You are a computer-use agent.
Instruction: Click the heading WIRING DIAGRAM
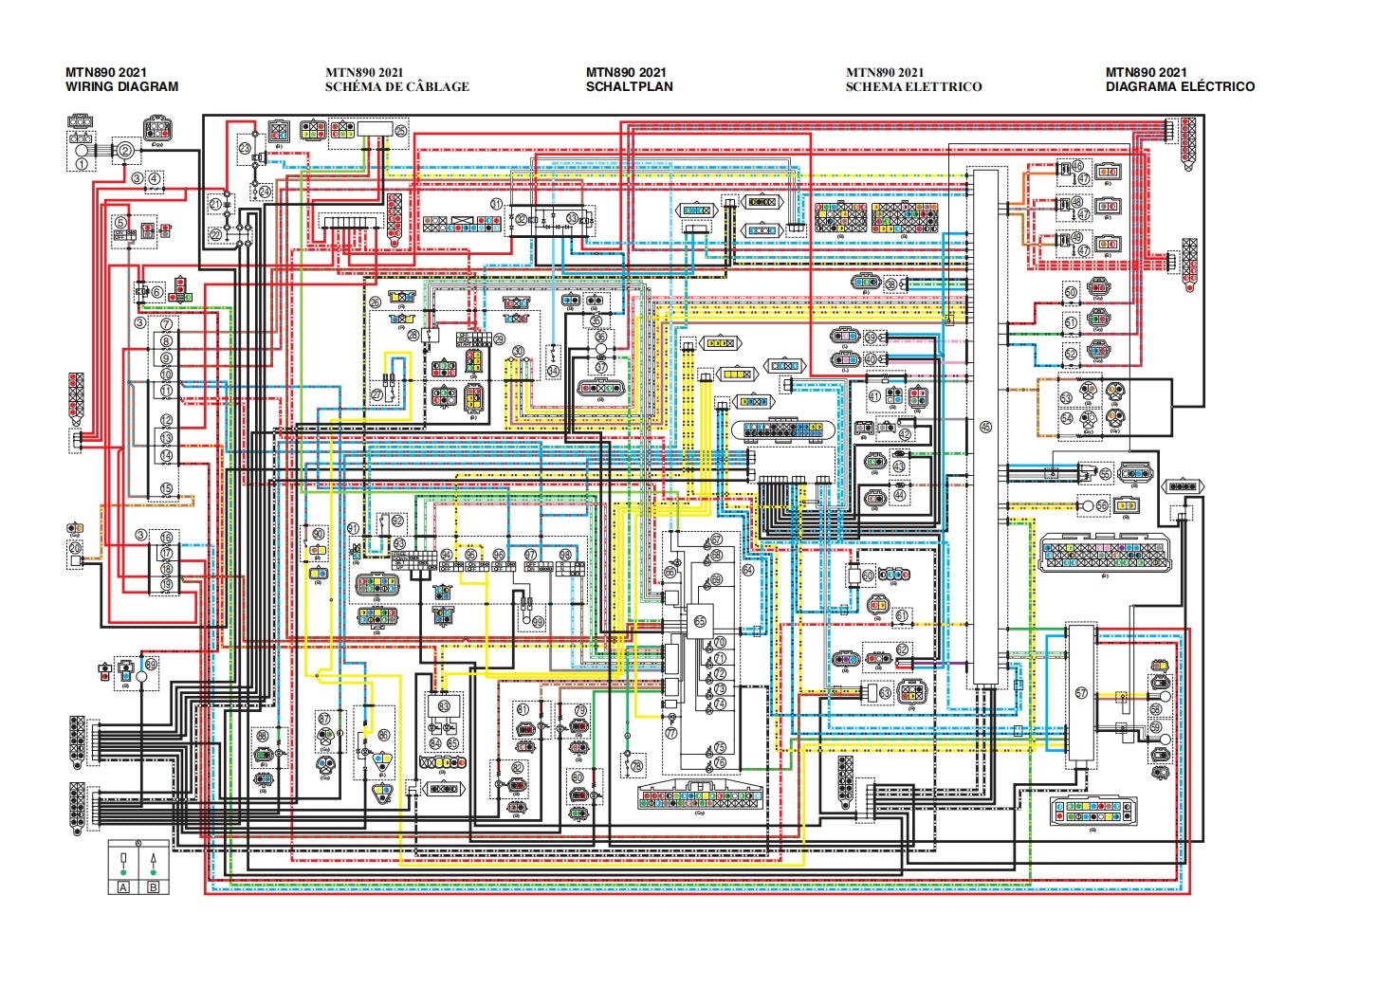[x=121, y=86]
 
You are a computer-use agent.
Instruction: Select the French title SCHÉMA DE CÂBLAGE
[x=396, y=86]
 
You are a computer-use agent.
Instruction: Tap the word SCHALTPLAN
[x=629, y=86]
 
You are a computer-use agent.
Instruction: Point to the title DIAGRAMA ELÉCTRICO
[x=1180, y=86]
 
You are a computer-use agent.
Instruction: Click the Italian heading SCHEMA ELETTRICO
[x=913, y=86]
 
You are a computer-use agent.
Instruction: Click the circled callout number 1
[x=82, y=164]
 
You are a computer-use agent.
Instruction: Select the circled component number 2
[x=123, y=149]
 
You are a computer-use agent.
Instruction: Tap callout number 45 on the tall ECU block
[x=985, y=428]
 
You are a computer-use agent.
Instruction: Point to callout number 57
[x=1081, y=693]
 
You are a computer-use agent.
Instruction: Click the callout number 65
[x=700, y=621]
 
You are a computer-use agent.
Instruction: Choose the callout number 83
[x=444, y=705]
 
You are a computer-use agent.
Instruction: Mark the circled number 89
[x=151, y=663]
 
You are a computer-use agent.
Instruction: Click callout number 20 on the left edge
[x=76, y=547]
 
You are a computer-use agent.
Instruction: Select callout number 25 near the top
[x=400, y=131]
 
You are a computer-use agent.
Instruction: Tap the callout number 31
[x=496, y=204]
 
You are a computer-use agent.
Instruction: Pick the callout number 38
[x=890, y=283]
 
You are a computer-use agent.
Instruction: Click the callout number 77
[x=671, y=733]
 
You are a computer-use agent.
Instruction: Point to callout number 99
[x=538, y=622]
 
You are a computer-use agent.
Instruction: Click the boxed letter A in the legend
[x=123, y=887]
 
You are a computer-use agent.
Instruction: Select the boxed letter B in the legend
[x=154, y=887]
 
